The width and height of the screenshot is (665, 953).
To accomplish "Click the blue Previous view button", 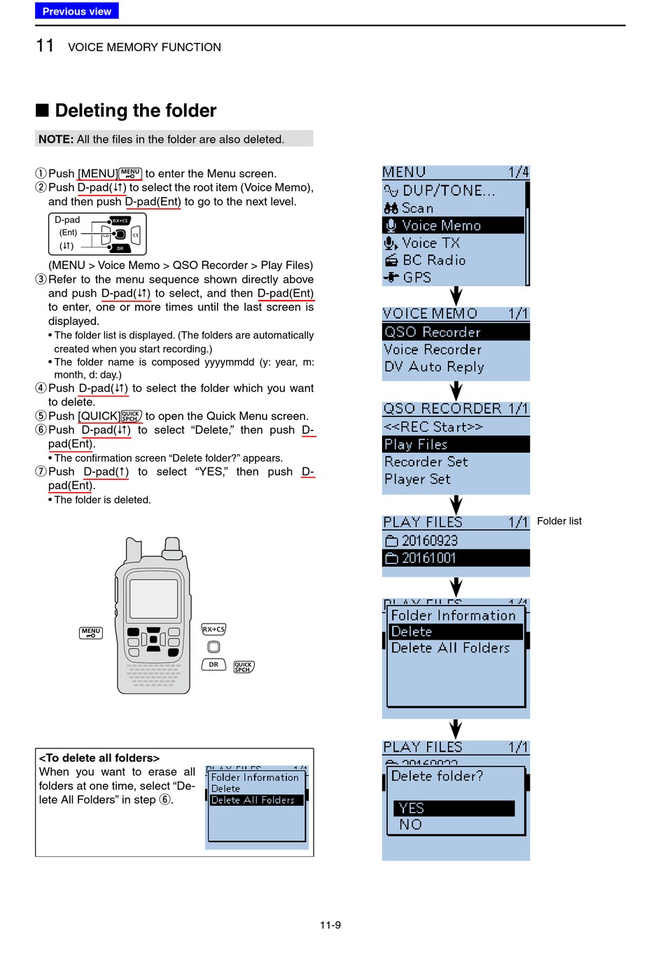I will (76, 11).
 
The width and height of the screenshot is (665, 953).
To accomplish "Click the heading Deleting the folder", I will (135, 111).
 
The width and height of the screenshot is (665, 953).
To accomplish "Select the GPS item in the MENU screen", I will (416, 277).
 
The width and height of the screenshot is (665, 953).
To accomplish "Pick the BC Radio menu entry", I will (433, 260).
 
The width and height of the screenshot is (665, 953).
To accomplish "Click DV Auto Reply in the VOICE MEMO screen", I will (434, 367).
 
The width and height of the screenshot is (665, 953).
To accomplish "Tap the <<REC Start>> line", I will (433, 427).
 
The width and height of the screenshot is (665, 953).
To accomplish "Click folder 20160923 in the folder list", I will (429, 541).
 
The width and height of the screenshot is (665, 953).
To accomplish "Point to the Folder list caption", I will (559, 521).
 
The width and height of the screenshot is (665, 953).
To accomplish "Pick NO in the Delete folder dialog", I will (411, 825).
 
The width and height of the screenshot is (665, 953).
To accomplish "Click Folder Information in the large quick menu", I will (453, 615).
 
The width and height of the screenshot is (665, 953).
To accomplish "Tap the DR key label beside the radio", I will (213, 664).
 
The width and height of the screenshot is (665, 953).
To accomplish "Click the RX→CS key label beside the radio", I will (213, 629).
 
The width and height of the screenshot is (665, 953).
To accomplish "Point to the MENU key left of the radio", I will (91, 633).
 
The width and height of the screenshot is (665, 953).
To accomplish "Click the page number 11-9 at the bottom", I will (330, 925).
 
